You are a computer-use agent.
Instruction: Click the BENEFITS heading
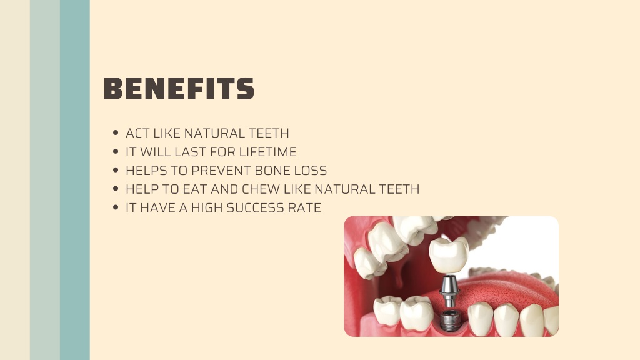(179, 89)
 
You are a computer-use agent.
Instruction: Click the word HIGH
(207, 208)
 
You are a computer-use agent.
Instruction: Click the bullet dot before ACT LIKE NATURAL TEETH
(116, 132)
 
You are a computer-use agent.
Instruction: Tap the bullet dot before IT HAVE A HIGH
(116, 207)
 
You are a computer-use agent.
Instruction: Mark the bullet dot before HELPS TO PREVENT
(116, 170)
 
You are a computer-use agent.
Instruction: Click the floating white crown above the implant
(449, 255)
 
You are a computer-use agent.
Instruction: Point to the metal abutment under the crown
(449, 291)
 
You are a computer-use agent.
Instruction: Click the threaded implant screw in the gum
(451, 320)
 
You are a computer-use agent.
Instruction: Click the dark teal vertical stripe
(75, 180)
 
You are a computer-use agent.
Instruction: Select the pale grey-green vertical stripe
(45, 180)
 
